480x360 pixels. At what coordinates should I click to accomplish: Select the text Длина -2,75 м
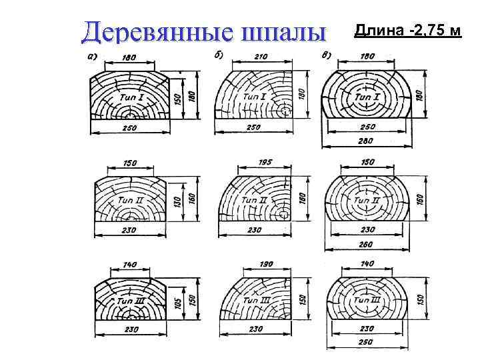pos(408,31)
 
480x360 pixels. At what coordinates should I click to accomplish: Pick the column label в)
pos(327,56)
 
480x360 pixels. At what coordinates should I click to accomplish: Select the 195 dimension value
pos(265,162)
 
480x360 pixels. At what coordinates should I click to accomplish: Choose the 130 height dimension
pos(178,201)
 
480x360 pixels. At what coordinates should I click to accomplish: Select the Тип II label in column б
pos(254,199)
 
